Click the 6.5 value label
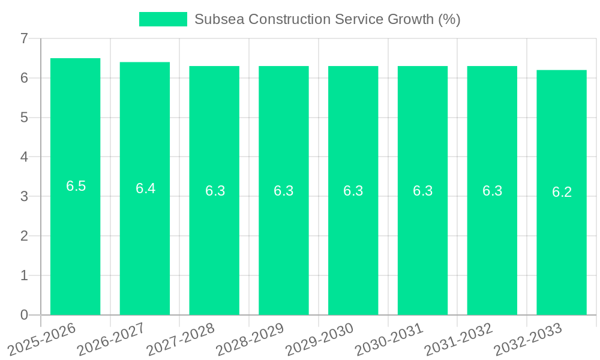coord(76,186)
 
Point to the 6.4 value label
coord(145,188)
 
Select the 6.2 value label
coord(562,192)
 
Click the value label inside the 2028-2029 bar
coord(284,191)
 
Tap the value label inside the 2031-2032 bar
coord(493,191)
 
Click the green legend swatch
coord(163,19)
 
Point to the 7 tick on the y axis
coord(24,38)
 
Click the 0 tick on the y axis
coord(24,315)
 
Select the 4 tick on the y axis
coord(24,157)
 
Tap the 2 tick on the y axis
coord(24,236)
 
